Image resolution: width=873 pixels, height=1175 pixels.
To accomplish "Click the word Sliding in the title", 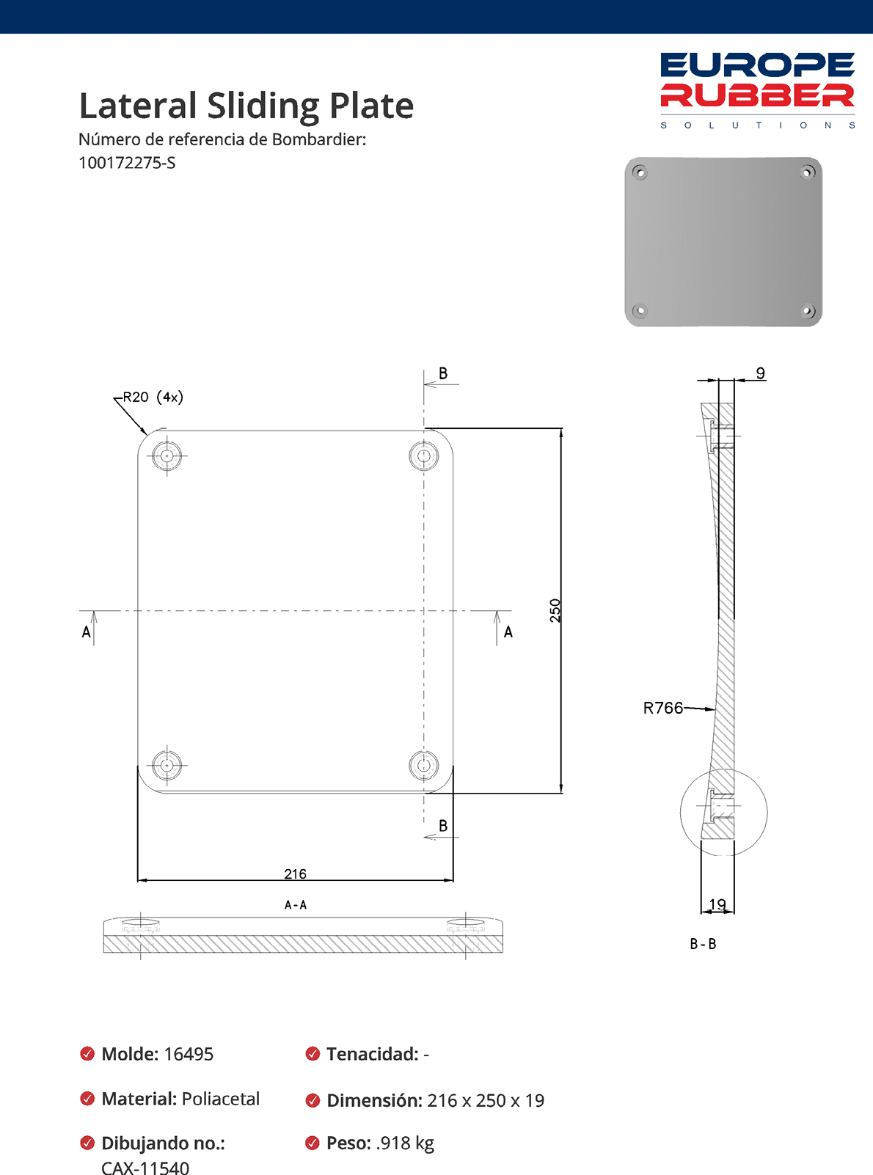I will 262,106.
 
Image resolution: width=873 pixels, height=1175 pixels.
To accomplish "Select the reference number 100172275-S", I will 127,163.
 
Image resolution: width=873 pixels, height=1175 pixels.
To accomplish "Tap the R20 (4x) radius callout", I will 153,397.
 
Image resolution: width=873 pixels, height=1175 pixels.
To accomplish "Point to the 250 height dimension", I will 555,610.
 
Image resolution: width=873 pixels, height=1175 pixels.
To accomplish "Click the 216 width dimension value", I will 295,874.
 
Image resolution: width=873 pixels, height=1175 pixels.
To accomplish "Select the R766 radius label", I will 662,708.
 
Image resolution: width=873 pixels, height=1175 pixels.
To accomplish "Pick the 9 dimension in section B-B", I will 761,373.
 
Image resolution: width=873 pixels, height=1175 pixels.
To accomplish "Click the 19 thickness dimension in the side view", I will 717,904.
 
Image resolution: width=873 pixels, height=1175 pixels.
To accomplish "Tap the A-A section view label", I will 296,905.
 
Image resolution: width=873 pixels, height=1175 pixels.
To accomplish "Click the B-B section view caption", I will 703,944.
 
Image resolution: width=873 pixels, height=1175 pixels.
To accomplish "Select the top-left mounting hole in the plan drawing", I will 167,455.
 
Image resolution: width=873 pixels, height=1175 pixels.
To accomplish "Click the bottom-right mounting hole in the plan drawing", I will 423,765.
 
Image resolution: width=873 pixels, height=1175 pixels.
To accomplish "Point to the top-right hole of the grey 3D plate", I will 807,173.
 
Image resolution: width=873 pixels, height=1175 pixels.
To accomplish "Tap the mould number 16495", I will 189,1054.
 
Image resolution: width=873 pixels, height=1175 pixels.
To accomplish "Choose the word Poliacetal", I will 220,1099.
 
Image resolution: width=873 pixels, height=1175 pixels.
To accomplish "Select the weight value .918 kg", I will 405,1143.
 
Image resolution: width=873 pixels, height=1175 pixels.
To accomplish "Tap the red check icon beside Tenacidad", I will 313,1054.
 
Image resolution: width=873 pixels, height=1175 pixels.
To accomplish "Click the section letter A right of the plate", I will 508,632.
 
